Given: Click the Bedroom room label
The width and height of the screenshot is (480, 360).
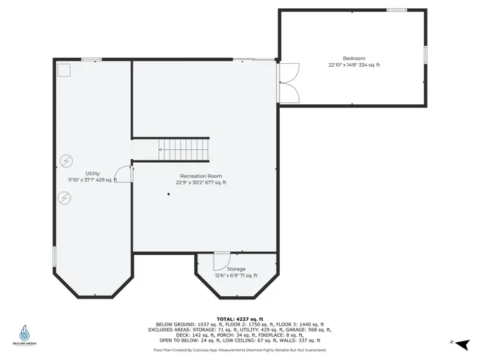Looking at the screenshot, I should [354, 58].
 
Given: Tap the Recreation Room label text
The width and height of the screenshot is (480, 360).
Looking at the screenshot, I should [201, 175].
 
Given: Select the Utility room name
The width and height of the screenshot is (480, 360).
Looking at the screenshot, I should [92, 173].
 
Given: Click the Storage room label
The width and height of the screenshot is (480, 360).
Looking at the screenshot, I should [236, 268].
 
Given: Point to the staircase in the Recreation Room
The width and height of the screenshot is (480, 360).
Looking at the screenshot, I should [184, 149].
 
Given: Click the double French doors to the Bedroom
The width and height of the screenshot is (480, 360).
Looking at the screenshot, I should [287, 82].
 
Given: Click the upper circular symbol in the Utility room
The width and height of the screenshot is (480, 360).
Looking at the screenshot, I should [66, 160].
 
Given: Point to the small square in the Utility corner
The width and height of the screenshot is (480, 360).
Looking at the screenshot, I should [64, 69].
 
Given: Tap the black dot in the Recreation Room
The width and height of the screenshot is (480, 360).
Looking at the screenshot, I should [169, 194].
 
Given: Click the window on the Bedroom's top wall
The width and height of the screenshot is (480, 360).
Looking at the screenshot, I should [397, 10].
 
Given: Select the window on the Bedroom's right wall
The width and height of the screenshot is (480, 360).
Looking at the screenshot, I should [425, 54].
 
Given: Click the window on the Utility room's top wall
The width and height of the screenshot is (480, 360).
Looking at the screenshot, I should [91, 59].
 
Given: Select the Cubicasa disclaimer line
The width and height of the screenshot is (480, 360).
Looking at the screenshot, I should [239, 349].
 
